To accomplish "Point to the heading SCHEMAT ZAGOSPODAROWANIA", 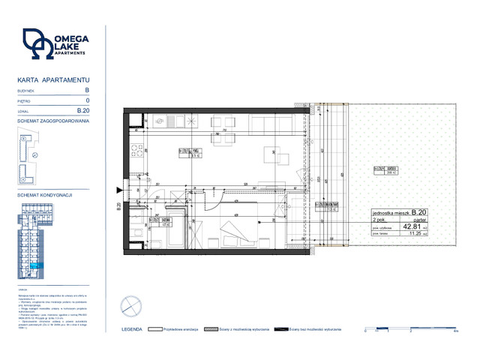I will (x=52, y=121).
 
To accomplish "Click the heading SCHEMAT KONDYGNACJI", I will (x=43, y=194).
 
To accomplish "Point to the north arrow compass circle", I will (x=130, y=305).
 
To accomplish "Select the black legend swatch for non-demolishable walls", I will (x=282, y=329).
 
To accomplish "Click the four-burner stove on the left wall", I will (x=137, y=151).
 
